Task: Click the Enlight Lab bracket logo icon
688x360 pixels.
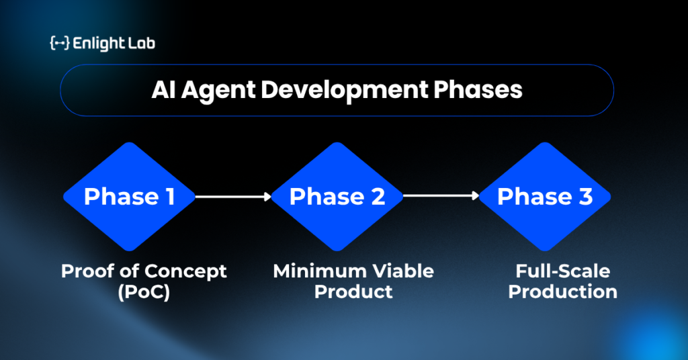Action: (60, 43)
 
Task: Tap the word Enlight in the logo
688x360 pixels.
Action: (92, 44)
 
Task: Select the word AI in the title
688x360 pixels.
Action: (163, 90)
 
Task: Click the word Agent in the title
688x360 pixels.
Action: (218, 91)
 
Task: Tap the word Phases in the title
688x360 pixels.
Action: (478, 90)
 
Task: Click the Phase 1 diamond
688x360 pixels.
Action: (129, 196)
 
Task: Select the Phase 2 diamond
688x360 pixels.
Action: (337, 196)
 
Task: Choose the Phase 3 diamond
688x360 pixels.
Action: (544, 196)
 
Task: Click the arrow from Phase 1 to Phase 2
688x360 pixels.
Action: (233, 196)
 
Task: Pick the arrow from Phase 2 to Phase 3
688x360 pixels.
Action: (441, 195)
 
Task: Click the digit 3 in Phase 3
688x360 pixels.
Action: (585, 196)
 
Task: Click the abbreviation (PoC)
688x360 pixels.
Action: (144, 292)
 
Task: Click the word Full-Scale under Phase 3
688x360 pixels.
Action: (563, 271)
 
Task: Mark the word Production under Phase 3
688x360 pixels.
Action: (563, 291)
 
